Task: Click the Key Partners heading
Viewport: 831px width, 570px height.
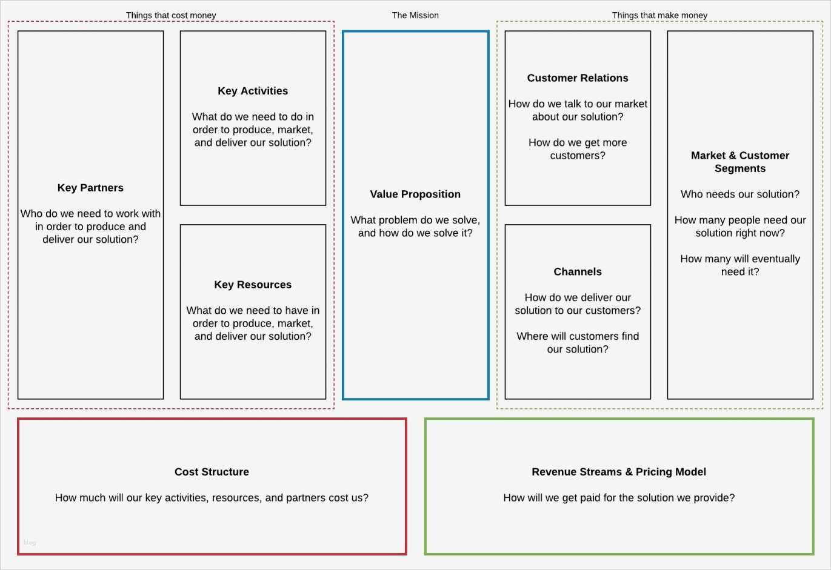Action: (90, 188)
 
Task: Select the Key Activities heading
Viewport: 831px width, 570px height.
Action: (253, 91)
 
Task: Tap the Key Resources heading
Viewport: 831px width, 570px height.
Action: (253, 285)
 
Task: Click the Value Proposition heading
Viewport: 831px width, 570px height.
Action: (415, 194)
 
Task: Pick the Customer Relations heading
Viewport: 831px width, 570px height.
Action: (578, 78)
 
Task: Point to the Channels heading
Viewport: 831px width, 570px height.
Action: (578, 272)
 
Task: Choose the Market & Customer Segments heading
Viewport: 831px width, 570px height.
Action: (740, 162)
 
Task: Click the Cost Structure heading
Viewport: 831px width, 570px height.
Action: (212, 472)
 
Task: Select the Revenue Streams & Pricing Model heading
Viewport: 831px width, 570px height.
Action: (619, 472)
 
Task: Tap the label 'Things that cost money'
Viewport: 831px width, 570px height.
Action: (171, 15)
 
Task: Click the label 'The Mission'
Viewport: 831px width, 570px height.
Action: (415, 15)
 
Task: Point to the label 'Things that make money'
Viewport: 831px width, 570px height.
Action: (659, 15)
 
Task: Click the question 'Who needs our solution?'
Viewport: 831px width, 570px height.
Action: (740, 194)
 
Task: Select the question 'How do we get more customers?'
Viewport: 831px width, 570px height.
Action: (578, 149)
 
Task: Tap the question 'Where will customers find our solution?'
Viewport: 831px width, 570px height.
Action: (578, 343)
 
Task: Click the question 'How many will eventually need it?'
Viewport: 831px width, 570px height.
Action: (740, 265)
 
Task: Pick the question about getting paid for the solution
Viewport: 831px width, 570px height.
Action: (619, 498)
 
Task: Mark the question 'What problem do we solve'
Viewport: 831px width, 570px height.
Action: (415, 227)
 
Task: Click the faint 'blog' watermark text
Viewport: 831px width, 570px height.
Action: (30, 543)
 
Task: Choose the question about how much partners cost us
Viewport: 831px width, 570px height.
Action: (212, 498)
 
